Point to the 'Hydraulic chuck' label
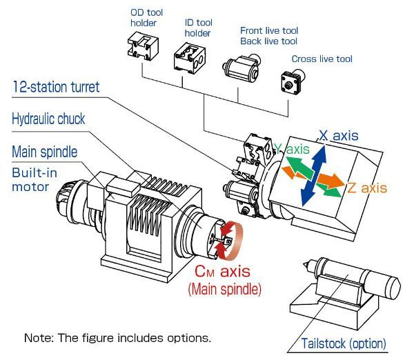coord(48,119)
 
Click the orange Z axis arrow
coord(328,181)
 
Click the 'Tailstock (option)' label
coord(344,343)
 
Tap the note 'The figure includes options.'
coord(117,338)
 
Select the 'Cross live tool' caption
coord(322,59)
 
